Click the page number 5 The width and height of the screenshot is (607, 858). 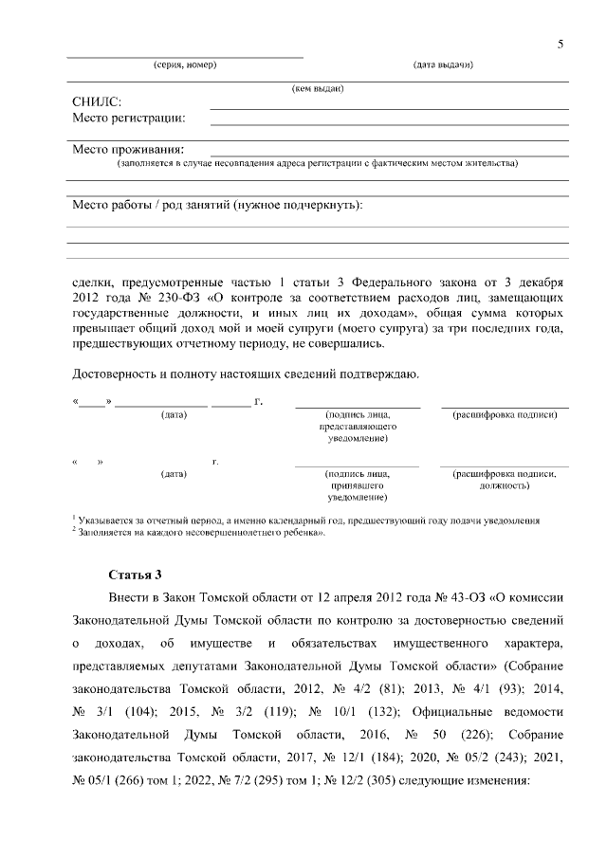[561, 45]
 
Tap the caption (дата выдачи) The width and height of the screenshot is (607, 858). [444, 64]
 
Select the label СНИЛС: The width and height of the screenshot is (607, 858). [97, 102]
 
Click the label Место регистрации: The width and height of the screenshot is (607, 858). [129, 119]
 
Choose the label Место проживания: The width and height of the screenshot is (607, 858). [128, 149]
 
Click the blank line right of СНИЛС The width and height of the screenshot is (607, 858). [389, 108]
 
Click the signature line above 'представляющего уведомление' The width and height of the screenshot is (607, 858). [358, 407]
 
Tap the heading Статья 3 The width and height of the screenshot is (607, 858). [136, 575]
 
